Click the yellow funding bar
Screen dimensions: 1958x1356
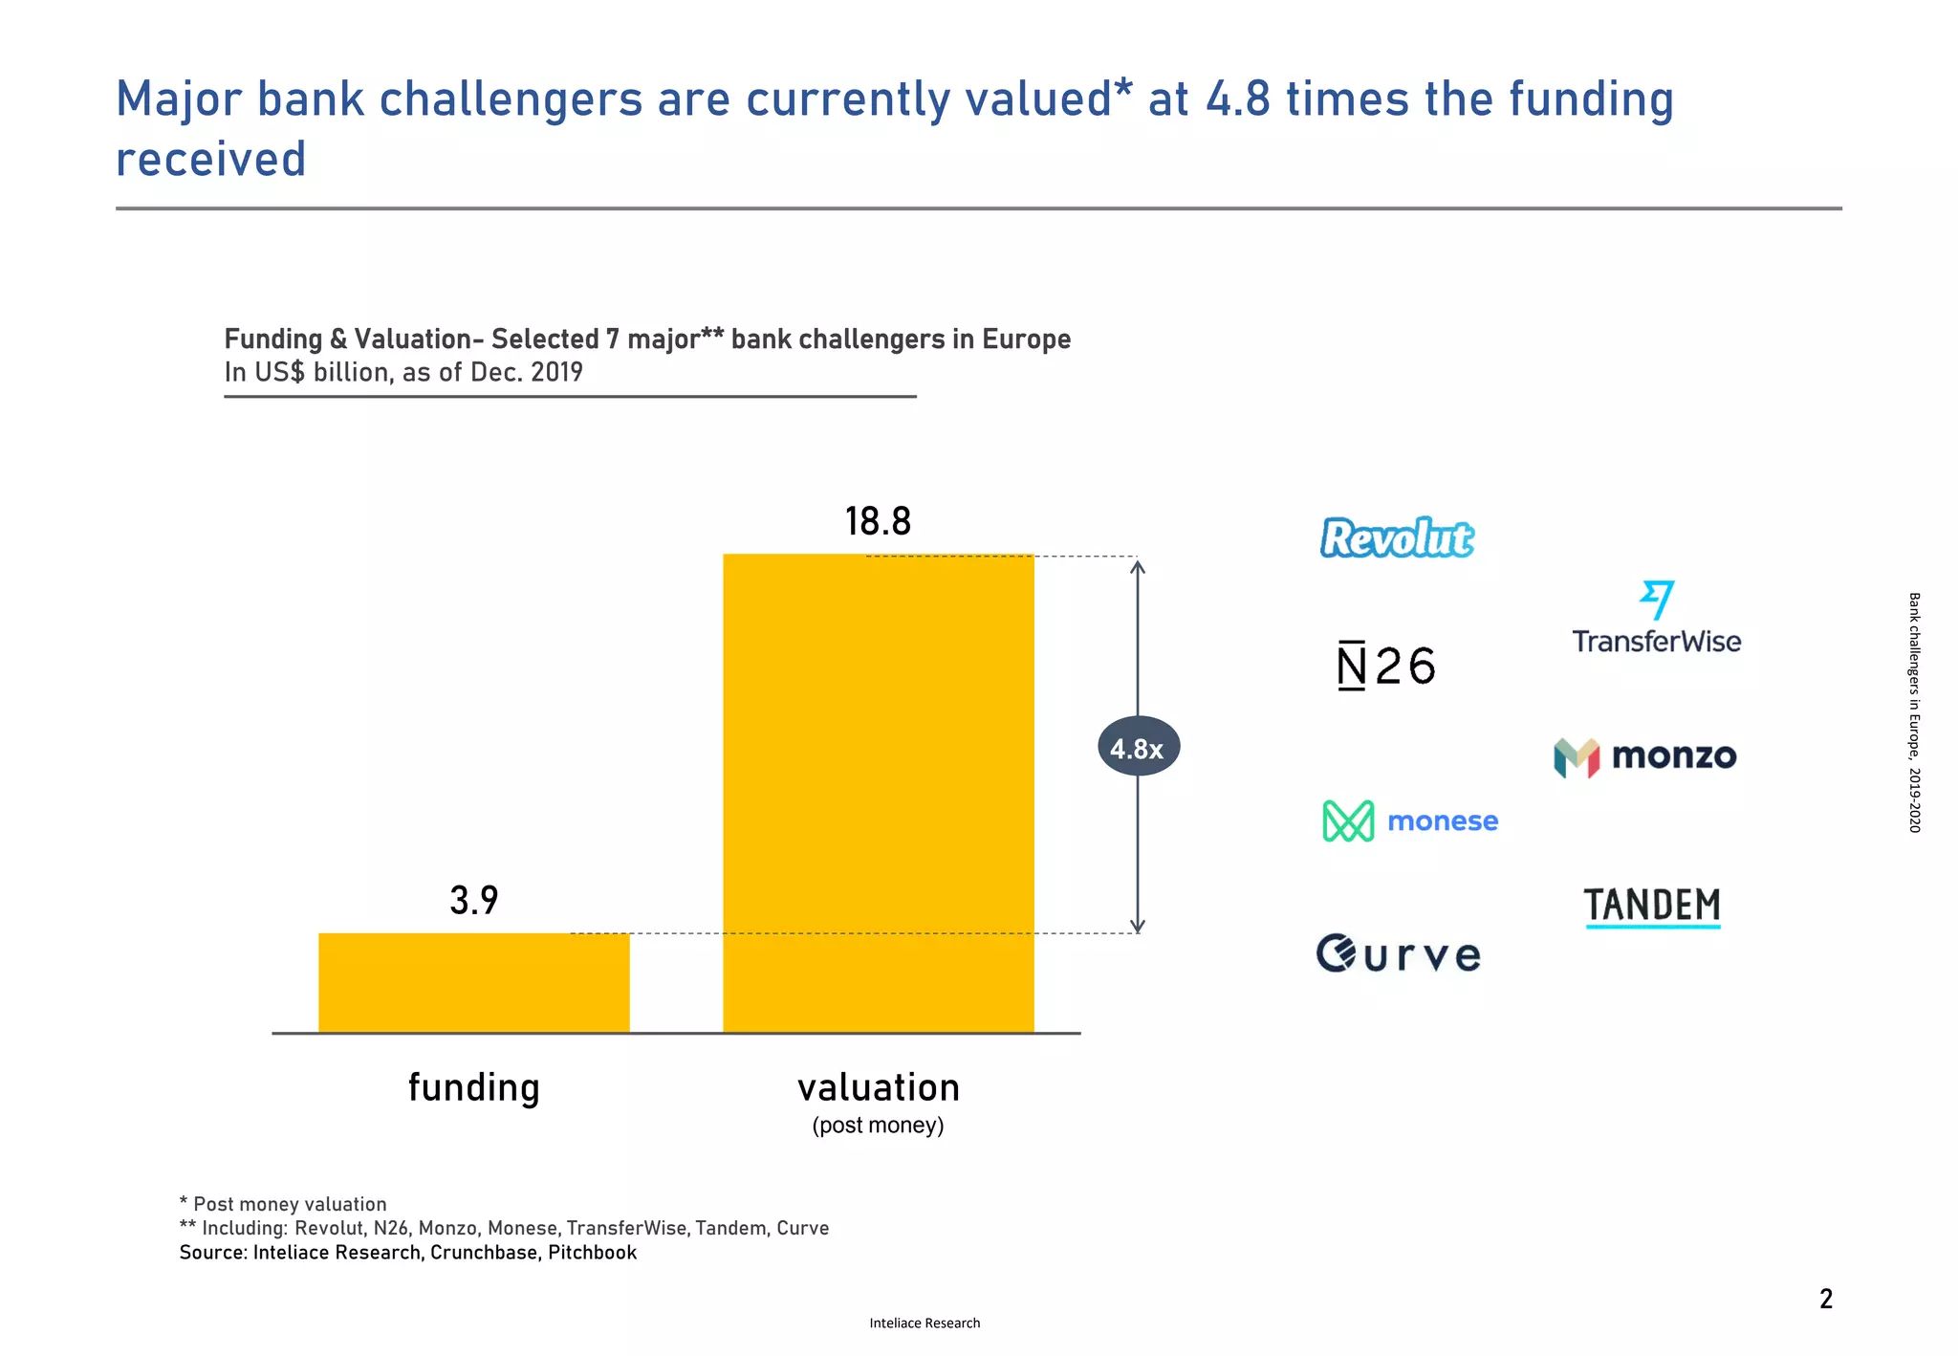tap(473, 982)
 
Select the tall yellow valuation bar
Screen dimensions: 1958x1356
tap(878, 793)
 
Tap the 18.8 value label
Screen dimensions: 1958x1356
tap(878, 522)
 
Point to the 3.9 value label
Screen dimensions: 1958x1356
tap(473, 901)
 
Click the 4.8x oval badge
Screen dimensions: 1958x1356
tap(1138, 747)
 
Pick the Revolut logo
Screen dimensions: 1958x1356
tap(1397, 537)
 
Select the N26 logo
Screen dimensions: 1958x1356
tap(1385, 666)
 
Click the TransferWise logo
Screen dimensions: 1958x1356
tap(1656, 619)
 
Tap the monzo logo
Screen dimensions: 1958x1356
tap(1645, 757)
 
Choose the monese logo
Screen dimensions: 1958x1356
tap(1410, 821)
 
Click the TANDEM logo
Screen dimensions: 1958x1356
tap(1652, 907)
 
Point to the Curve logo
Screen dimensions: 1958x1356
tap(1399, 954)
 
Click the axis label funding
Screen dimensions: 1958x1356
tap(473, 1088)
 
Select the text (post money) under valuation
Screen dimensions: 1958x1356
tap(878, 1126)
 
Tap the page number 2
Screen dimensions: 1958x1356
tap(1825, 1299)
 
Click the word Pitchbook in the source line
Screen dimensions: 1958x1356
tap(592, 1253)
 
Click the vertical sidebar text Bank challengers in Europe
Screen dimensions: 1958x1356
tap(1914, 712)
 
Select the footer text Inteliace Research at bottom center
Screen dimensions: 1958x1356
tap(925, 1323)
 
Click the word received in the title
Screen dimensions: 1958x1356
tap(210, 160)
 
